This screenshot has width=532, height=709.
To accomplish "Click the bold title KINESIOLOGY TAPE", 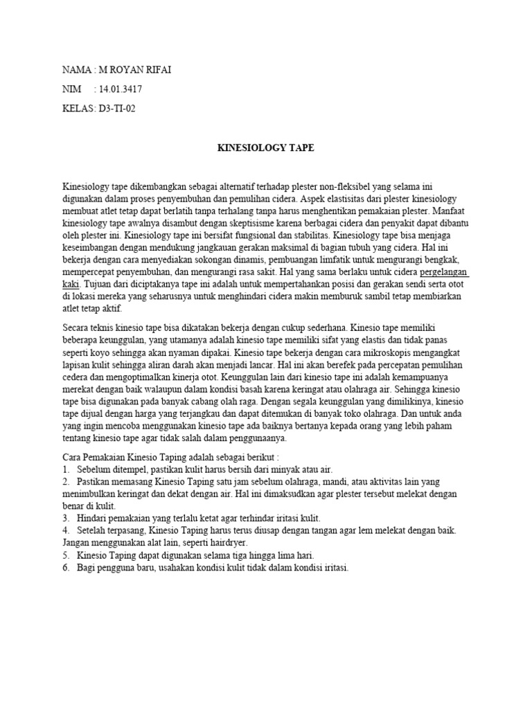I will pyautogui.click(x=266, y=148).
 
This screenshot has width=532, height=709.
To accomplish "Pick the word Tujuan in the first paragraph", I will pyautogui.click(x=98, y=285).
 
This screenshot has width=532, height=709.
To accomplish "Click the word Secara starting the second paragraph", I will pyautogui.click(x=78, y=327).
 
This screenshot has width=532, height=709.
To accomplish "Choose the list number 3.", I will pyautogui.click(x=66, y=519).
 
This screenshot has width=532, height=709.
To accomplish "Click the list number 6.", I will pyautogui.click(x=66, y=568).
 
